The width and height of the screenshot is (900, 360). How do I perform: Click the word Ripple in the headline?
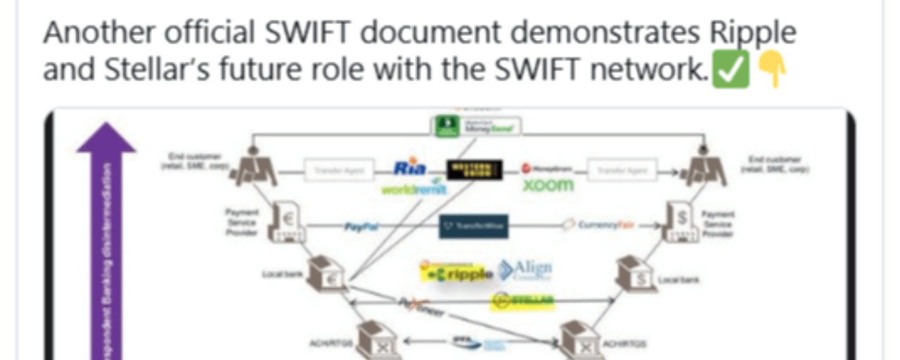click(753, 34)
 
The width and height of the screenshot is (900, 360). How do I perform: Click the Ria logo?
click(411, 169)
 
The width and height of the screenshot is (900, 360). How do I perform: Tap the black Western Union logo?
click(475, 169)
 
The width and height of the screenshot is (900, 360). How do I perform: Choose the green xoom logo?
click(548, 186)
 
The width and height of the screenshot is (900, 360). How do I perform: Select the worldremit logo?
click(415, 189)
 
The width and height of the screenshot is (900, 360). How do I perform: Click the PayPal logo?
click(362, 227)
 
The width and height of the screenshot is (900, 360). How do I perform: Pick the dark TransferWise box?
click(474, 226)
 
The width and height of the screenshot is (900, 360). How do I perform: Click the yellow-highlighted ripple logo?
click(458, 274)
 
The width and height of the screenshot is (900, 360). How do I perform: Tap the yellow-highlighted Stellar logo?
click(522, 301)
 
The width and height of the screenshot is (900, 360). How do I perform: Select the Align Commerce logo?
click(525, 270)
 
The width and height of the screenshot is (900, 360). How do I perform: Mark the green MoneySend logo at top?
click(476, 126)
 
